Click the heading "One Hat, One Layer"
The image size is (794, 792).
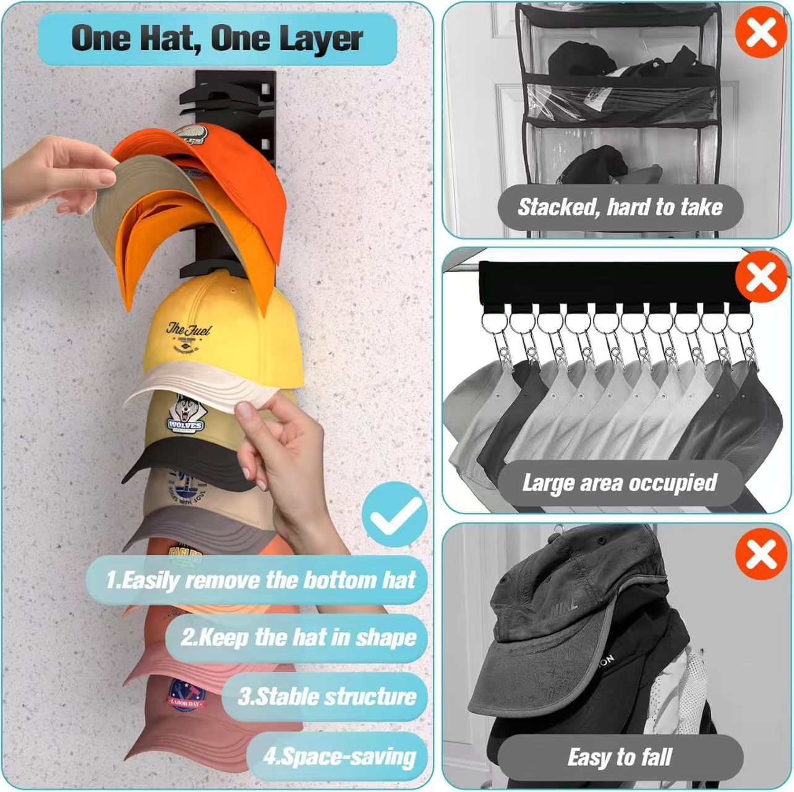(x=217, y=39)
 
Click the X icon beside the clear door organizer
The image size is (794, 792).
(x=761, y=32)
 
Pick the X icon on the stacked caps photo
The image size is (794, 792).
(x=761, y=553)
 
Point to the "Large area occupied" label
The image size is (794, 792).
(x=619, y=483)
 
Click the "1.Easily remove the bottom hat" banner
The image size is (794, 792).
(x=260, y=580)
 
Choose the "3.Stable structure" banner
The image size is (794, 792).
(x=327, y=697)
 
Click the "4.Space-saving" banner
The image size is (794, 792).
(x=339, y=756)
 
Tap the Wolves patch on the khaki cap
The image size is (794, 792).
(x=185, y=415)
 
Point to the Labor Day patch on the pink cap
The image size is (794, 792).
(x=186, y=696)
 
